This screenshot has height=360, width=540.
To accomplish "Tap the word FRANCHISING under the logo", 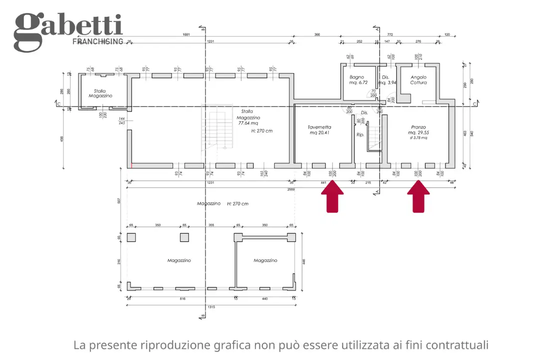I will point(98,41).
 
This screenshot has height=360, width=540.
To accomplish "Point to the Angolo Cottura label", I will point(418,80).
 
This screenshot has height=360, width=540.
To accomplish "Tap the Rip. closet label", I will point(360,135).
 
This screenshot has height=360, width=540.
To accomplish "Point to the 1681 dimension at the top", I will point(186,35).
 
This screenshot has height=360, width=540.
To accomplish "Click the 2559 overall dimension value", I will point(291,190).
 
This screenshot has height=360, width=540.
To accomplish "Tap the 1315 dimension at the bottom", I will point(210,306).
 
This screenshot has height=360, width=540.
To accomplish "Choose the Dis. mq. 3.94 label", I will point(388,80).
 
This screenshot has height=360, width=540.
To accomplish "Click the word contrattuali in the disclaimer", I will point(457,345).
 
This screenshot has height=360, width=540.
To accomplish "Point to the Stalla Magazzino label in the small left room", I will point(100,93).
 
